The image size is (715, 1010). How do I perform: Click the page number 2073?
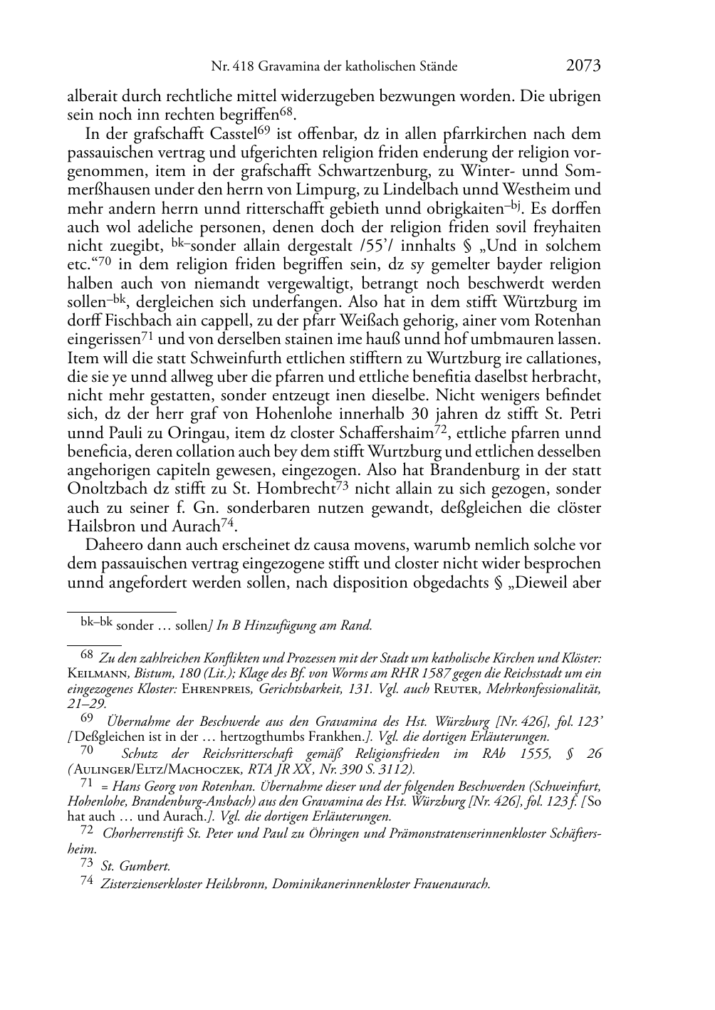tap(583, 66)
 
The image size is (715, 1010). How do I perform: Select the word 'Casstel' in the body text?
tap(234, 135)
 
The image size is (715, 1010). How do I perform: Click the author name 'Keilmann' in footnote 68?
tap(95, 674)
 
